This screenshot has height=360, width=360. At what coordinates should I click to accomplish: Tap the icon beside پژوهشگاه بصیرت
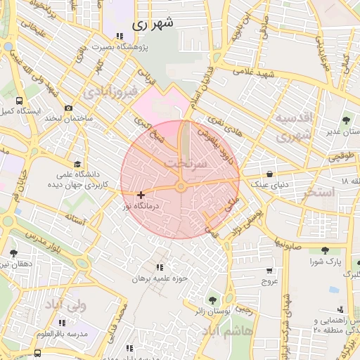[x=120, y=36]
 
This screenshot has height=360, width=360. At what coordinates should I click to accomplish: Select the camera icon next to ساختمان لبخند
[x=68, y=108]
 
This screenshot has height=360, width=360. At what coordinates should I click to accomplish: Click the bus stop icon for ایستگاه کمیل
[x=18, y=101]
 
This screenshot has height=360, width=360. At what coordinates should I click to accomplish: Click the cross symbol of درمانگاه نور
[x=141, y=195]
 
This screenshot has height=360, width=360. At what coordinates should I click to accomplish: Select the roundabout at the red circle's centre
[x=181, y=186]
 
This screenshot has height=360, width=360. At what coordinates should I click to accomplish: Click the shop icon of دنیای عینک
[x=270, y=174]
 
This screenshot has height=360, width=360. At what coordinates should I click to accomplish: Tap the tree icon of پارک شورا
[x=324, y=250]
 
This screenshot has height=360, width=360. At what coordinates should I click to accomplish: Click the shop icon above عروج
[x=269, y=271]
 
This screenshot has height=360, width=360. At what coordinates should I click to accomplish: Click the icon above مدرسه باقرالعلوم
[x=63, y=323]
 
